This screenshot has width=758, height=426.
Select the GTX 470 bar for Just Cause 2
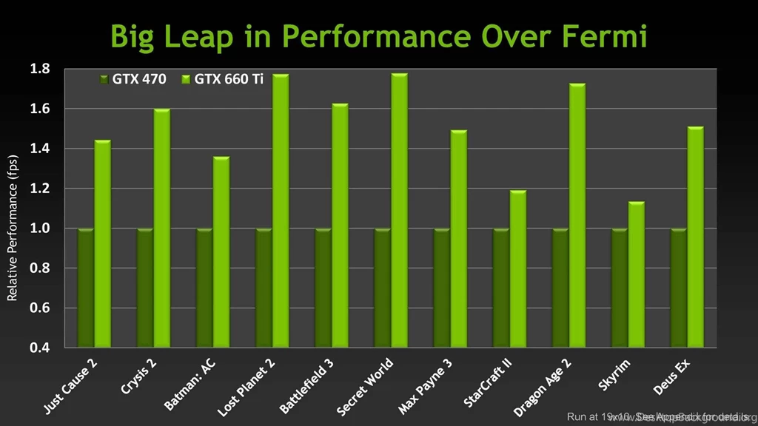[x=86, y=288]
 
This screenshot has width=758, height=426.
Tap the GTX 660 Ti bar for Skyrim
[x=636, y=274]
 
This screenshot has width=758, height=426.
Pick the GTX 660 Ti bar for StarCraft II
[x=517, y=269]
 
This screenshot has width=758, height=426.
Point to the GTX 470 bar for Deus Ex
[x=678, y=288]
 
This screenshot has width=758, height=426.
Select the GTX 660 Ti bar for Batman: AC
[x=221, y=252]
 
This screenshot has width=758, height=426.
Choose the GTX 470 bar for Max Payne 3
[x=441, y=288]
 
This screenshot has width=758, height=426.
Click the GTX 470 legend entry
[x=133, y=78]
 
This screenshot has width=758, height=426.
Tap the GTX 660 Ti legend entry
[x=222, y=78]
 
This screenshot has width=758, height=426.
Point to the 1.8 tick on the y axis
[x=40, y=70]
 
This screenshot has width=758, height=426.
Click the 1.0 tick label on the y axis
[x=40, y=229]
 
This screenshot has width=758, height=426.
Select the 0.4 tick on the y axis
[x=40, y=348]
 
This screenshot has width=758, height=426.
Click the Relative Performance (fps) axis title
[x=12, y=229]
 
